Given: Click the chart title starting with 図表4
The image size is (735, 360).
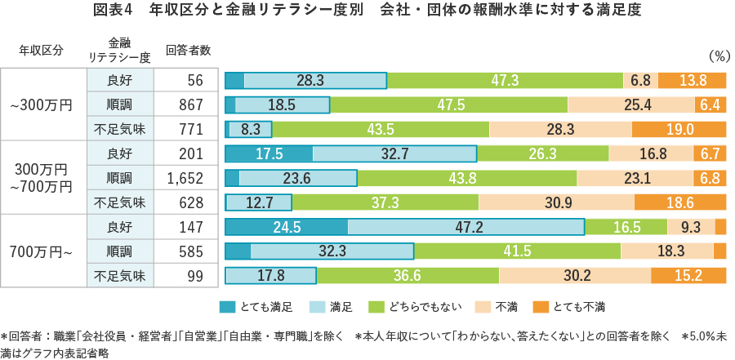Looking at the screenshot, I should [x=367, y=11].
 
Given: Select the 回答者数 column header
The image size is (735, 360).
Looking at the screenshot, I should [x=188, y=50].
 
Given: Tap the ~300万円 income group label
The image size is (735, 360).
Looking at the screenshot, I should [x=42, y=104].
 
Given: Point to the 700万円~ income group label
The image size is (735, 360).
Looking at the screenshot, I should [x=42, y=251].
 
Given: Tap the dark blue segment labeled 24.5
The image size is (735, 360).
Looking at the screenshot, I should [x=286, y=227].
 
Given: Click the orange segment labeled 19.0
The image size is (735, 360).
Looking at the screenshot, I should [x=679, y=129].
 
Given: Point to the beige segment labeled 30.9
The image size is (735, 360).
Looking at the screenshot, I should [x=557, y=202].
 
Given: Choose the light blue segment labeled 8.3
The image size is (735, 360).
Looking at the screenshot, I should [x=251, y=129].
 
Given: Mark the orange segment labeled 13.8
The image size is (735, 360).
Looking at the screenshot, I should [x=692, y=80].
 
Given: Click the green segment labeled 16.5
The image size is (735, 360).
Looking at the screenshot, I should [x=626, y=227].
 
